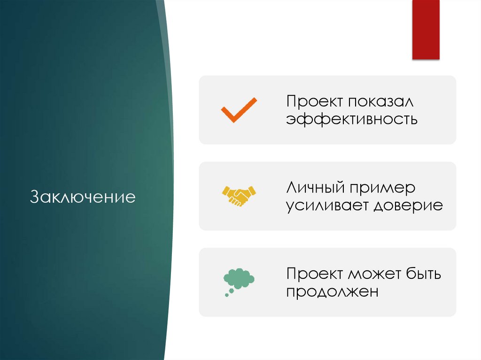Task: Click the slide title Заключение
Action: tap(83, 196)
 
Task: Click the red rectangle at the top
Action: tap(426, 29)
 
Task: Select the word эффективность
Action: tap(352, 119)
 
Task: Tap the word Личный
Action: tap(315, 188)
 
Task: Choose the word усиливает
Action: tap(327, 205)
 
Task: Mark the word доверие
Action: tap(408, 205)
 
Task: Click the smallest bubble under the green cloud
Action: tap(226, 295)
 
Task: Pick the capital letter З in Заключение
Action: tap(34, 196)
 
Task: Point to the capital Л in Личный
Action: tap(291, 188)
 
